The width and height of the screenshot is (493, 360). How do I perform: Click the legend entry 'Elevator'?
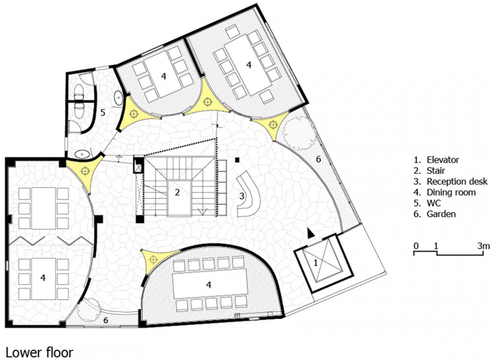[x=443, y=160]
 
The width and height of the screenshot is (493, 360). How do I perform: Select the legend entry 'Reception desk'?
[x=457, y=181]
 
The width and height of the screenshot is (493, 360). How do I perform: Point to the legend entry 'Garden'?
[x=441, y=214]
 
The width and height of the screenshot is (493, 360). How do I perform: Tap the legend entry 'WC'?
[x=434, y=203]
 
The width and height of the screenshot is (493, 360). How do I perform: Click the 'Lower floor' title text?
[x=40, y=352]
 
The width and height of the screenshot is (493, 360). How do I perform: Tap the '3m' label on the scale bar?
[x=483, y=245]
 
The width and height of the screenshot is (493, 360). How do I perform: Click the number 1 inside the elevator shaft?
[x=316, y=262]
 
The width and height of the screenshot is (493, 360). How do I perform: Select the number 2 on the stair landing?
[x=177, y=192]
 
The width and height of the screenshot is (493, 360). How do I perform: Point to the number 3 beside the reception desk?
[x=241, y=196]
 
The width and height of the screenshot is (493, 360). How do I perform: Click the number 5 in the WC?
[x=103, y=112]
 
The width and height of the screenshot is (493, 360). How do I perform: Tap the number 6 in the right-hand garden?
[x=318, y=159]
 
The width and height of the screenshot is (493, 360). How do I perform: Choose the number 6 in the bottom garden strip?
[x=106, y=320]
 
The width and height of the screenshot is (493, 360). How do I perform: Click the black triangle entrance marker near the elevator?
[x=311, y=233]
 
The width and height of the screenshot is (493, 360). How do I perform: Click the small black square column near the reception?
[x=237, y=160]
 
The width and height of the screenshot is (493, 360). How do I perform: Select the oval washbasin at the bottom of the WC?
[x=83, y=154]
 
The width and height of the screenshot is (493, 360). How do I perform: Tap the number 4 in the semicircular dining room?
[x=208, y=285]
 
